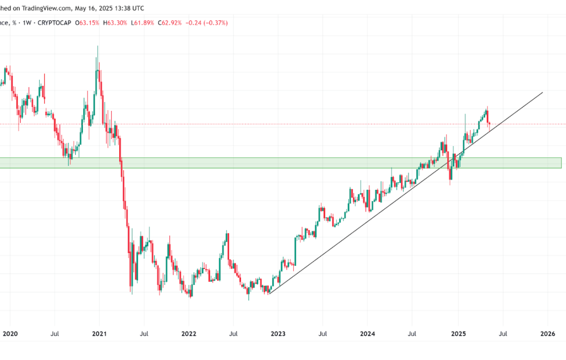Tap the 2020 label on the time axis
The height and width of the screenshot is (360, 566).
click(10, 334)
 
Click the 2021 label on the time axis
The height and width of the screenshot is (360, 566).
click(99, 334)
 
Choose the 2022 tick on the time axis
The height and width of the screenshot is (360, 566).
click(189, 334)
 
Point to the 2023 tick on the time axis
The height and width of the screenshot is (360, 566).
click(278, 334)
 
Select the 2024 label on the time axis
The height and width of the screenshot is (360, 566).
click(367, 334)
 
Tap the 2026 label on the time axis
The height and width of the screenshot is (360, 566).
click(547, 334)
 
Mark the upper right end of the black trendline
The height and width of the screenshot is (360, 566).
click(543, 93)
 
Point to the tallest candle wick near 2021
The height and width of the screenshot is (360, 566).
click(97, 47)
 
